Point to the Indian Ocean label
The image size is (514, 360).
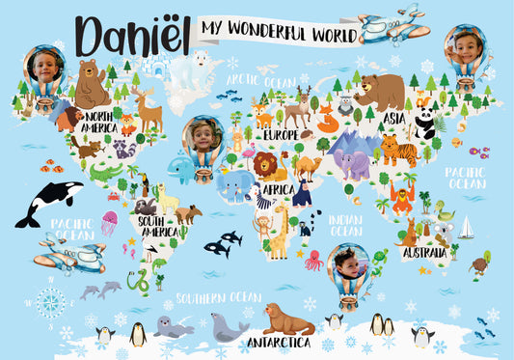[x=345, y=225]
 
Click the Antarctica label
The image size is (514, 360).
[x=278, y=342]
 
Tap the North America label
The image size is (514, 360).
[x=98, y=123]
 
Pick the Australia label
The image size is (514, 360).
[x=424, y=252]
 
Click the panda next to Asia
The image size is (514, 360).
[x=425, y=124]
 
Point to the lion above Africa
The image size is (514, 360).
[x=265, y=165]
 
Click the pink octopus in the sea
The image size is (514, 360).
[x=313, y=259]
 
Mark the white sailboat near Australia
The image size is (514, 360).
[x=467, y=228]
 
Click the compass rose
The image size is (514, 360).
[x=50, y=302]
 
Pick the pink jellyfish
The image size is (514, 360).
[x=109, y=222]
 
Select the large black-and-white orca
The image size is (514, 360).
[x=41, y=203]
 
